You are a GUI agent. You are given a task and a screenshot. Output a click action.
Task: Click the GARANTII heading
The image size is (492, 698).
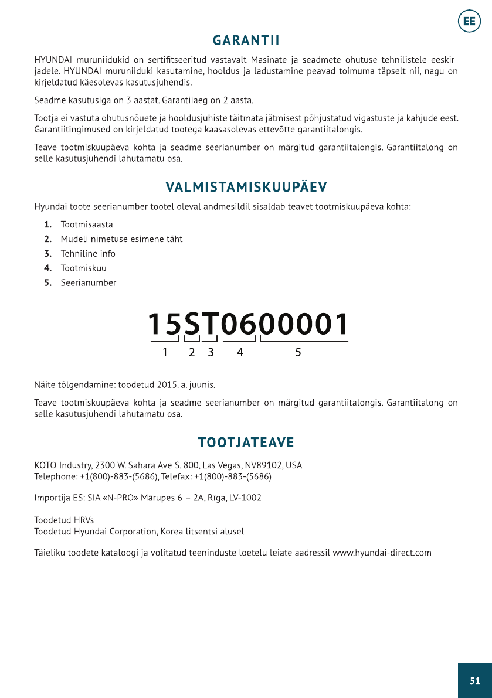click(246, 40)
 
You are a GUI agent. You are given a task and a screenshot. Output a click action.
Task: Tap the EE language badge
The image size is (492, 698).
click(469, 22)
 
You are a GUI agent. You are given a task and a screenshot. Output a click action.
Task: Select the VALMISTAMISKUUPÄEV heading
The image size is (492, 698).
click(246, 187)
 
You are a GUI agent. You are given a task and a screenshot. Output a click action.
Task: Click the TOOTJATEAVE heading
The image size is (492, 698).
click(246, 441)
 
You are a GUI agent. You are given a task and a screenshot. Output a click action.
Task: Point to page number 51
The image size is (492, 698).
click(474, 680)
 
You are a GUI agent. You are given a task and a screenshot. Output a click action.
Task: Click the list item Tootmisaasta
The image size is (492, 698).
click(87, 224)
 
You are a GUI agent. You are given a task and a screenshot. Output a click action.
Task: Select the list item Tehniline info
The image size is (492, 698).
click(88, 254)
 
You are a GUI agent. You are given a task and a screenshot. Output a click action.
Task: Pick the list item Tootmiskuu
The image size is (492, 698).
click(83, 268)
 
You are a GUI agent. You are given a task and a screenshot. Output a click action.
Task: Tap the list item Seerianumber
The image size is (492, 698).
click(89, 283)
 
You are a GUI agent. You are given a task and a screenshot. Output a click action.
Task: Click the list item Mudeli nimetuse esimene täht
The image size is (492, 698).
click(121, 239)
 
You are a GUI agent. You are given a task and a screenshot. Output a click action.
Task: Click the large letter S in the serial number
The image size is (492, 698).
click(192, 324)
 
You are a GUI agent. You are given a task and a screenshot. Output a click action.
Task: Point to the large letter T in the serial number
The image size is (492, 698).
click(210, 324)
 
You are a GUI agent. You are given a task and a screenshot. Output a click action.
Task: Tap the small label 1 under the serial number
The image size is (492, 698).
click(165, 352)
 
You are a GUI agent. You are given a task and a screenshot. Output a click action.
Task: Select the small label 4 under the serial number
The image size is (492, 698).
click(240, 352)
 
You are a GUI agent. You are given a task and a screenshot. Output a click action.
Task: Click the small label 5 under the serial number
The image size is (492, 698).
click(298, 352)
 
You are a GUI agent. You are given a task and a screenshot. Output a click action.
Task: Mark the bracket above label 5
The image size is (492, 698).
click(304, 339)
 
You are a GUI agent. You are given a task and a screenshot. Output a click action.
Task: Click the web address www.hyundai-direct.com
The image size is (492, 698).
click(382, 553)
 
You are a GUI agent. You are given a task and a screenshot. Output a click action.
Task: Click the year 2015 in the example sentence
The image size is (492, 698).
click(167, 386)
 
